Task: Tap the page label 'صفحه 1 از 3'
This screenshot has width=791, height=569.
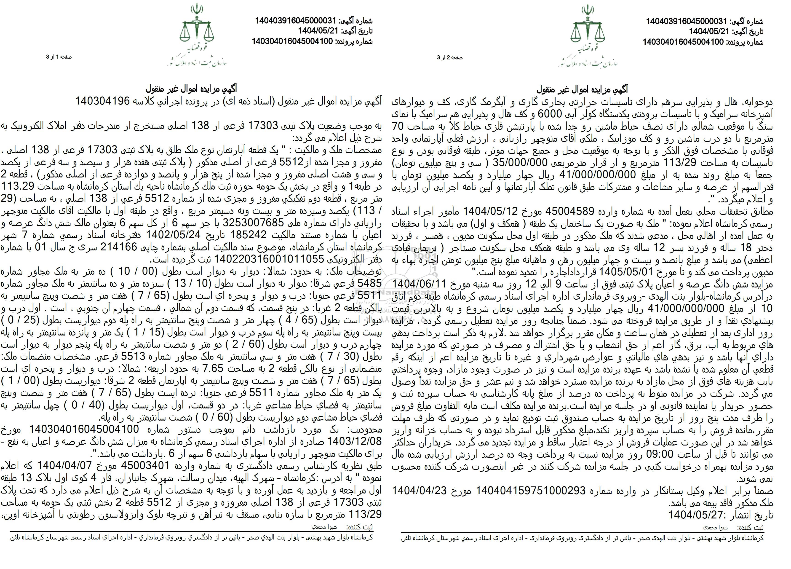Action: click(59, 57)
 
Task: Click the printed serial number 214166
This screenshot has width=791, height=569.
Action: click(122, 247)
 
